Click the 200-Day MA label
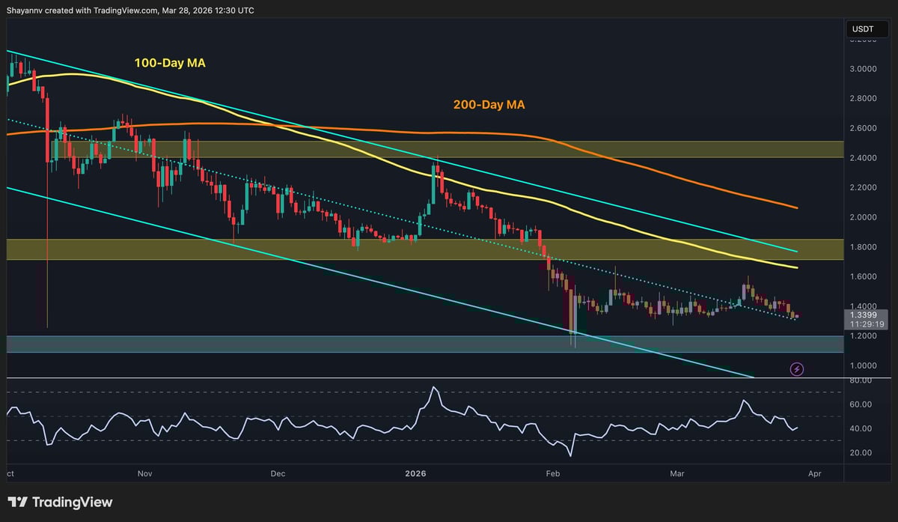pos(488,105)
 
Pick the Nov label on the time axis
pos(144,474)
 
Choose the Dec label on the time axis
pos(278,474)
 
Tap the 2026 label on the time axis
pos(415,474)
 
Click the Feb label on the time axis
pos(552,474)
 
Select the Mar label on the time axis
pos(677,474)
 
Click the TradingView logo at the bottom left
pos(60,502)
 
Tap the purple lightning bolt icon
pos(797,369)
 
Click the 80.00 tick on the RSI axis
pos(861,380)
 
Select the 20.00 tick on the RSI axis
pos(861,452)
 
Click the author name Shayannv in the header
pos(28,10)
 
